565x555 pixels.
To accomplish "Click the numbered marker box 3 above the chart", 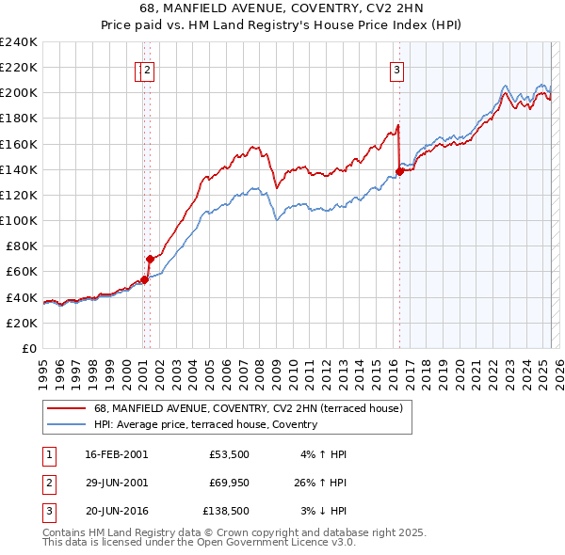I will (x=396, y=69).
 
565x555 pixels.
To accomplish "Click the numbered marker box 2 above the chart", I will (x=149, y=69).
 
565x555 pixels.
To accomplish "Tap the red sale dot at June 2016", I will (x=399, y=171).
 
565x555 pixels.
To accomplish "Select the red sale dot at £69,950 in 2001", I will (x=150, y=258).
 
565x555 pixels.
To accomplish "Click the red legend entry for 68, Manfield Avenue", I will (x=248, y=408).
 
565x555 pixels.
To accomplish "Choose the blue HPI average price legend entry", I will (x=205, y=424).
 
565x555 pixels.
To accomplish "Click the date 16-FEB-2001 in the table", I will (x=116, y=454).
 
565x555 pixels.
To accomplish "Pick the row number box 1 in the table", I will (x=48, y=454).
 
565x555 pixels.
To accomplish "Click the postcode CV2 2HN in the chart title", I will (x=336, y=11).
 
